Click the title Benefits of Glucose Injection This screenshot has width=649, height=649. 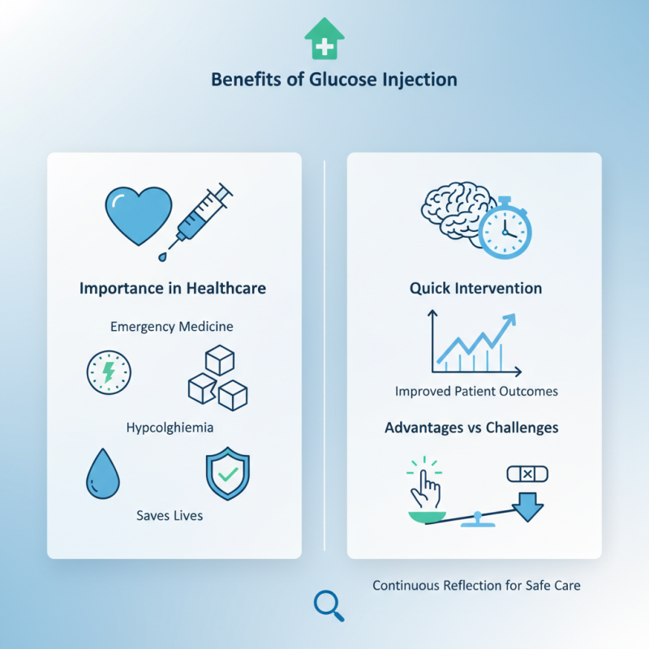333,80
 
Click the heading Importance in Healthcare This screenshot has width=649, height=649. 173,288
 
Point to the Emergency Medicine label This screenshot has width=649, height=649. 172,326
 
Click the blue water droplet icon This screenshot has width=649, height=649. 102,475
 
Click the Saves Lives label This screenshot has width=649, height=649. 170,515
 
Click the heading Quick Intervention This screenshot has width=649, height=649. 476,288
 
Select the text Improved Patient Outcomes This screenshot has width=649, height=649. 476,391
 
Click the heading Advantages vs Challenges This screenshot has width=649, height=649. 471,427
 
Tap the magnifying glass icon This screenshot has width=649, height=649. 329,604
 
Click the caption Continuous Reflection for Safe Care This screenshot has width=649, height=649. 476,585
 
